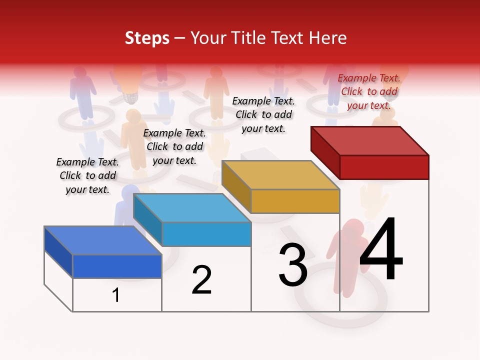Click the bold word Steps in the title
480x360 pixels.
[147, 38]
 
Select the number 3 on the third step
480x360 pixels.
[293, 265]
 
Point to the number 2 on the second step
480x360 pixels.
[201, 280]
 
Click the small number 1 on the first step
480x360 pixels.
[116, 295]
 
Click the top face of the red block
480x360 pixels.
[369, 140]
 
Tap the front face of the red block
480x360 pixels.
[384, 167]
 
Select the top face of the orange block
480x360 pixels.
[280, 175]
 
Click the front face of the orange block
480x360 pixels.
[295, 201]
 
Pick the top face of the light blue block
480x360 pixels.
[191, 208]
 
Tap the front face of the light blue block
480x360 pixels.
[206, 234]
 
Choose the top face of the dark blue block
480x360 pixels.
[102, 240]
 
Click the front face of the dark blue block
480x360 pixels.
[117, 266]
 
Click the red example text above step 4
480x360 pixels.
[369, 91]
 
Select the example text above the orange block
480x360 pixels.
[263, 114]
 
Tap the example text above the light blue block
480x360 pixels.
[174, 146]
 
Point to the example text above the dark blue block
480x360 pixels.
[87, 175]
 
